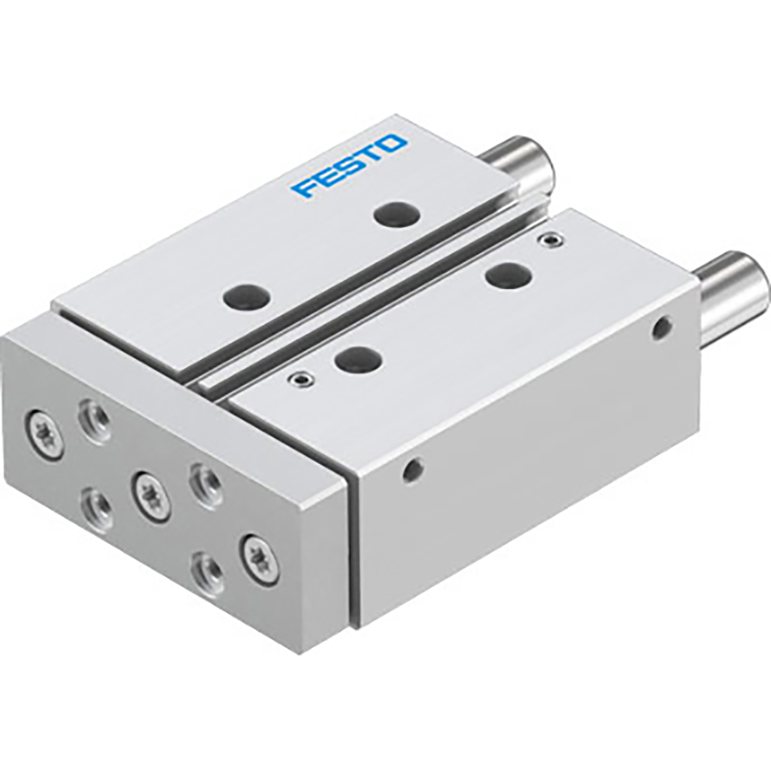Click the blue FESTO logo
[349, 166]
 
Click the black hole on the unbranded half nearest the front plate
[358, 359]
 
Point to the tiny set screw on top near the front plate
[299, 379]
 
